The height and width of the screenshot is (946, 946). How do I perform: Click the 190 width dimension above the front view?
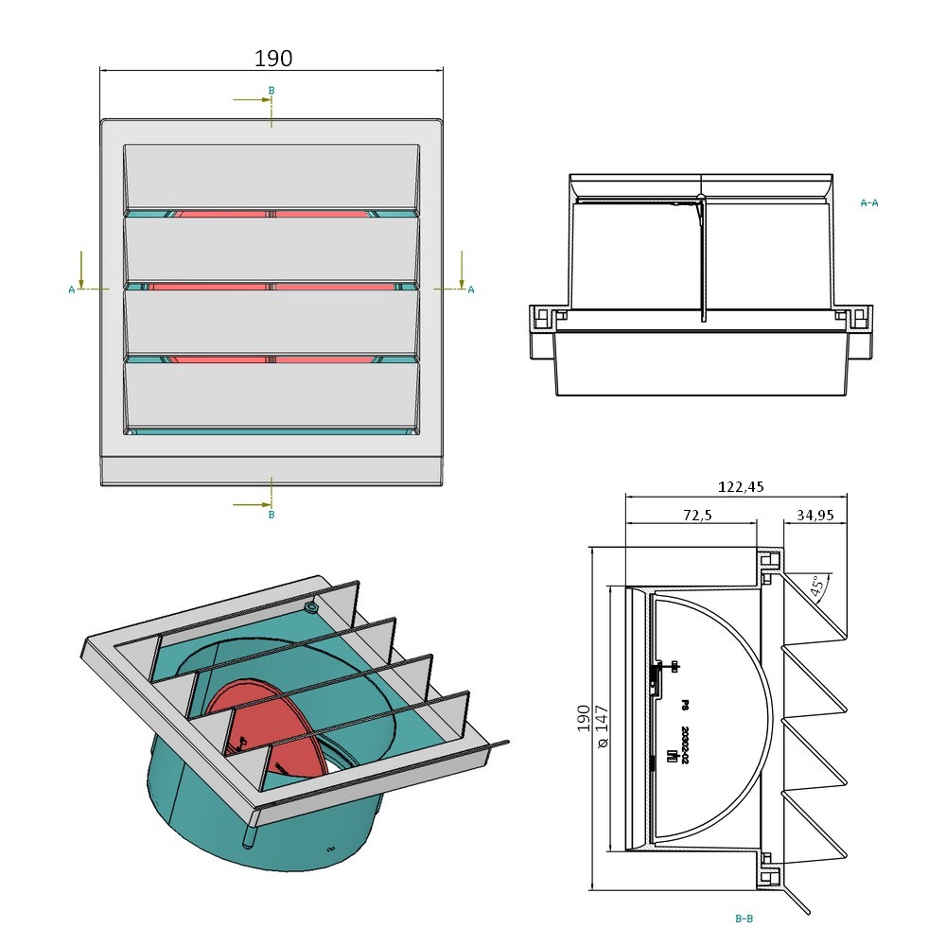(x=273, y=59)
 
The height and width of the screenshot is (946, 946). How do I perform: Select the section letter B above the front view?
(x=272, y=91)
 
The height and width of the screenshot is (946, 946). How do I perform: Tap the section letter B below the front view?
(x=272, y=515)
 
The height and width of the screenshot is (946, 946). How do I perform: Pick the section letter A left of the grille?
(x=72, y=289)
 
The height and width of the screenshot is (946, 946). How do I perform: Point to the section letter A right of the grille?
(x=471, y=289)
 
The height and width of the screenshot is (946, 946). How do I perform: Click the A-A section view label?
(x=869, y=202)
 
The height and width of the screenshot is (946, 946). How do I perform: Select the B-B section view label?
(x=744, y=918)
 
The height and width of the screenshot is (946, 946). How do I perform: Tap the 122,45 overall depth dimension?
(x=740, y=487)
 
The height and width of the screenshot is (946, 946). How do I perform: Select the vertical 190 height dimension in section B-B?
(x=584, y=718)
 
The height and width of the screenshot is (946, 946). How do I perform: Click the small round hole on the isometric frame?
(x=310, y=604)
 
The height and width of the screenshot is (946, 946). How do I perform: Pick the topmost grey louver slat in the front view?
(x=272, y=176)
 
